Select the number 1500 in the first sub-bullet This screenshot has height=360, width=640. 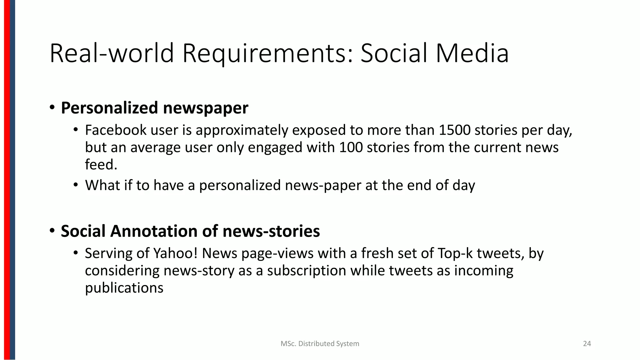454,130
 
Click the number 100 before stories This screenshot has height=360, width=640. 351,147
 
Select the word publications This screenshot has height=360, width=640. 124,287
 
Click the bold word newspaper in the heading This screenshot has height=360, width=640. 205,108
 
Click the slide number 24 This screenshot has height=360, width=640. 587,344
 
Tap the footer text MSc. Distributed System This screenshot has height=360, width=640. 320,344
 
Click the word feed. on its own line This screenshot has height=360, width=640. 101,164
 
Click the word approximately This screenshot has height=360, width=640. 242,130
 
